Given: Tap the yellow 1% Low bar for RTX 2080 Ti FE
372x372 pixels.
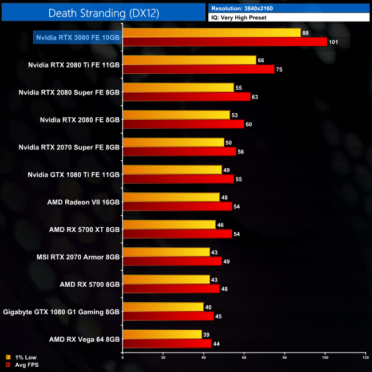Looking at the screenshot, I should pyautogui.click(x=189, y=60).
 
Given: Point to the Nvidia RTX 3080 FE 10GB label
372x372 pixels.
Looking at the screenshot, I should pyautogui.click(x=77, y=37).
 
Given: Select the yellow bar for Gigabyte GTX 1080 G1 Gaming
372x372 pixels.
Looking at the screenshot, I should pyautogui.click(x=163, y=307).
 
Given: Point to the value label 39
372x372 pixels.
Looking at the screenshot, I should pyautogui.click(x=206, y=334).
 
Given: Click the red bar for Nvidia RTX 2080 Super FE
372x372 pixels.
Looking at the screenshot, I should pyautogui.click(x=187, y=97).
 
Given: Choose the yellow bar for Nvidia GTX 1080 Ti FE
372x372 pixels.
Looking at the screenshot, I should pyautogui.click(x=172, y=170).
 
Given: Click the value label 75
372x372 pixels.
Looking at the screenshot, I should pyautogui.click(x=279, y=69).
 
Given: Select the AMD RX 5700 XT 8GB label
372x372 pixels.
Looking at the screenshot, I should pyautogui.click(x=85, y=229).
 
